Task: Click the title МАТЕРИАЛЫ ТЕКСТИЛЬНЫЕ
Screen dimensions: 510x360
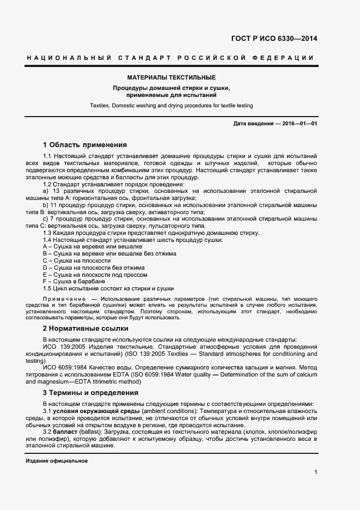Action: [171, 78]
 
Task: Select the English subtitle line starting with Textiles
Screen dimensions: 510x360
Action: [171, 105]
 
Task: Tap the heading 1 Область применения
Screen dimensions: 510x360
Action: [84, 145]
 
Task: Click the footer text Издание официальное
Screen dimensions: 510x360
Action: [57, 461]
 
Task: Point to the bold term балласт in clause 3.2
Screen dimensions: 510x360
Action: [64, 431]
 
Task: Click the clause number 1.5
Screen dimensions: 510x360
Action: [47, 288]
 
